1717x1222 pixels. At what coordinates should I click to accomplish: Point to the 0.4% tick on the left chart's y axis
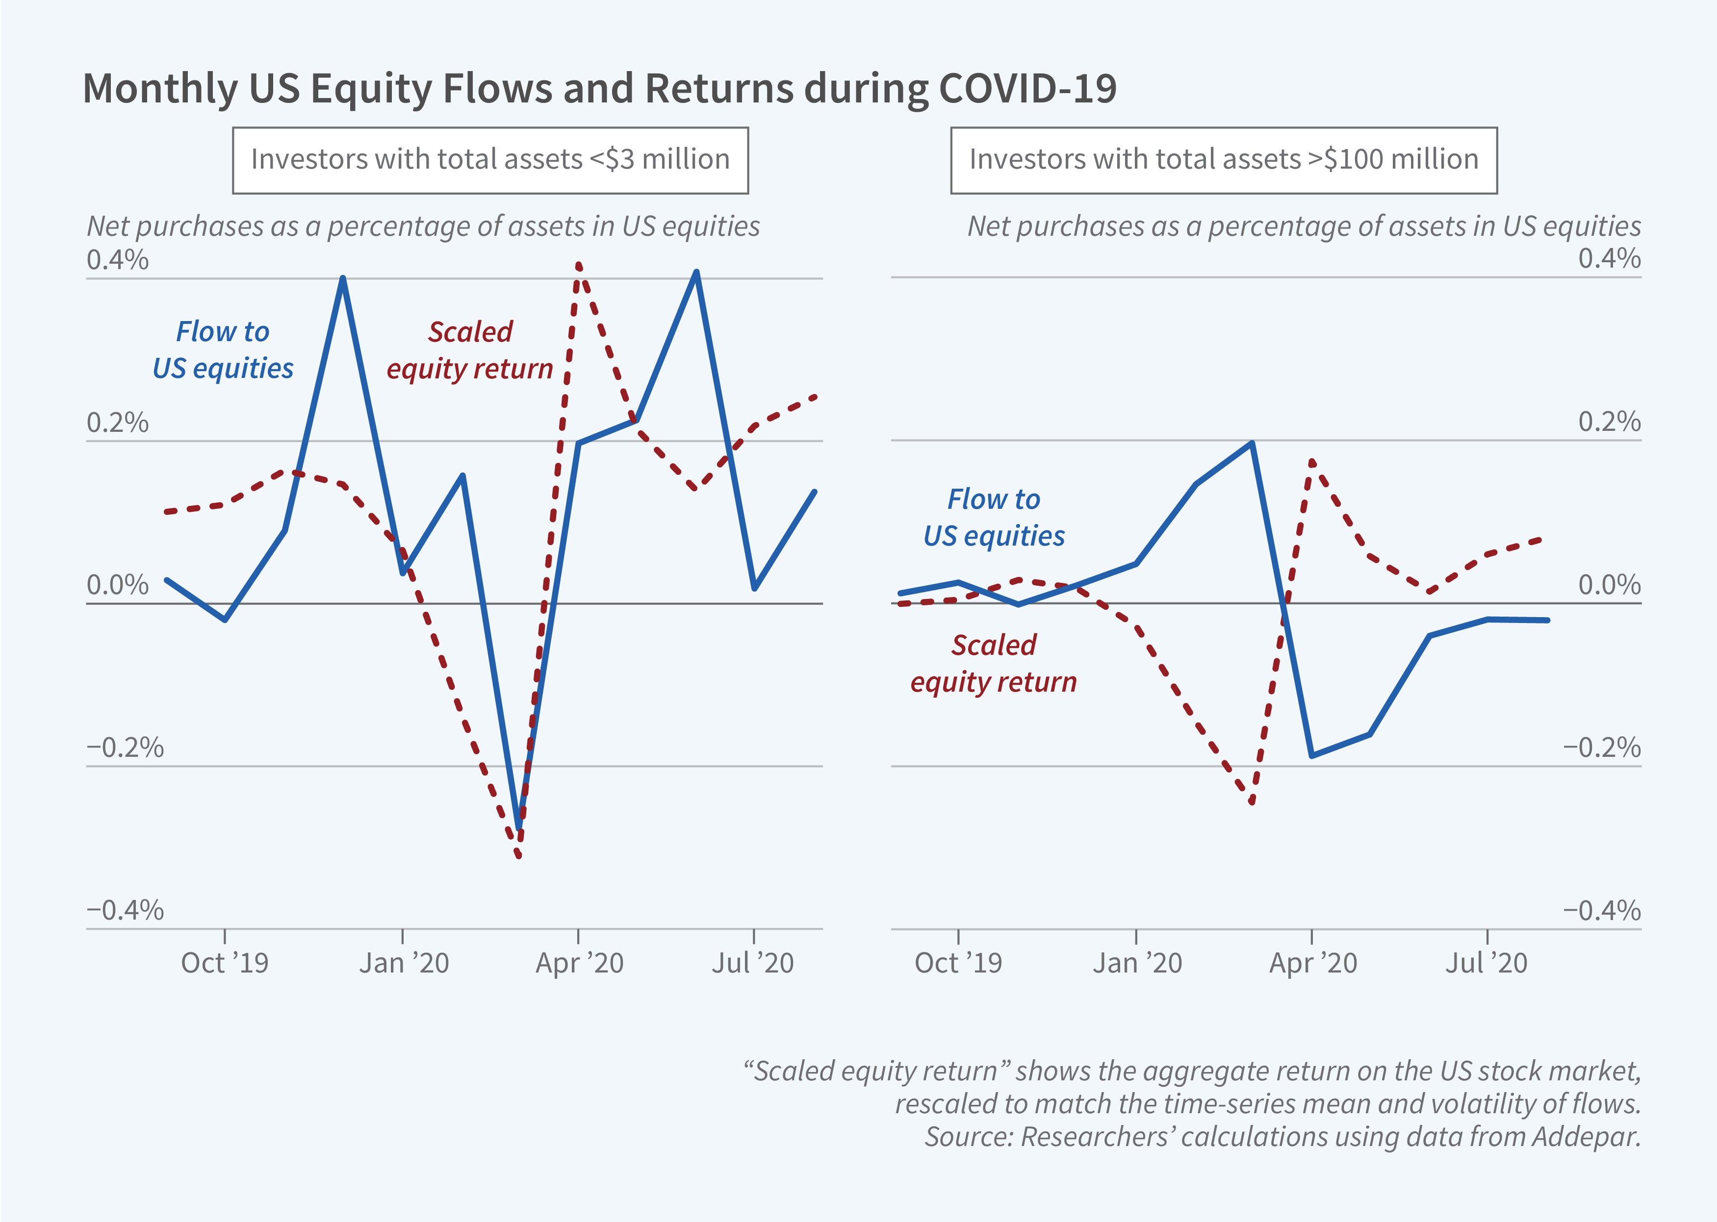[x=117, y=260]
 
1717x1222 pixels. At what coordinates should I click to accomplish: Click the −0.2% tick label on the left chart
[x=125, y=748]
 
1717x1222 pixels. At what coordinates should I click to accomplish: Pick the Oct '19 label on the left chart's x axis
[x=224, y=963]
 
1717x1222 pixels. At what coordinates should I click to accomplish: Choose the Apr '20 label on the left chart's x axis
[x=579, y=963]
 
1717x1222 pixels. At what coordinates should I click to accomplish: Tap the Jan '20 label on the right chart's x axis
[x=1137, y=963]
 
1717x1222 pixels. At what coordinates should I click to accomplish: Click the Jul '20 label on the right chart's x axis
[x=1486, y=963]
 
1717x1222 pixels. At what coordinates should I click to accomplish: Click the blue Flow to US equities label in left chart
[x=223, y=350]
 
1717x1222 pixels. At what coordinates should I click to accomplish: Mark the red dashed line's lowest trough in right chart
[x=1251, y=802]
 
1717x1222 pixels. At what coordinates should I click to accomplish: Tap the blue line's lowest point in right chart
[x=1312, y=755]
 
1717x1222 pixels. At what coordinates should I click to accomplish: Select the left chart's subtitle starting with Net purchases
[x=423, y=226]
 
